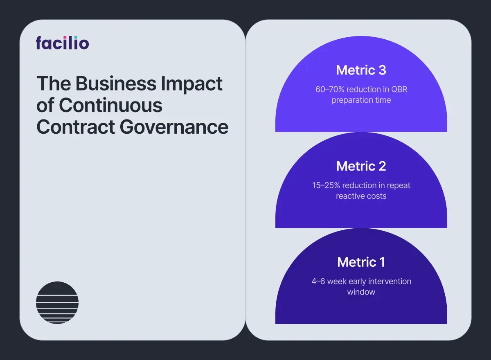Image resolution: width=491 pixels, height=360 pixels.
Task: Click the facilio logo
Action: (x=62, y=43)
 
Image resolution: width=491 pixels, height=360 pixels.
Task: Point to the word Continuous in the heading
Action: (x=110, y=105)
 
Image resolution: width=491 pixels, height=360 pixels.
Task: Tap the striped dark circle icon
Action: (x=57, y=303)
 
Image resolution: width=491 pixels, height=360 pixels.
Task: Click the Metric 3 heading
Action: (x=361, y=70)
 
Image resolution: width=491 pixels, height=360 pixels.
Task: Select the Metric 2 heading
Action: (x=361, y=166)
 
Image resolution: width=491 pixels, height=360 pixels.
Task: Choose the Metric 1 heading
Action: (x=361, y=262)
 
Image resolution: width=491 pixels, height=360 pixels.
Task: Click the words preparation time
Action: (x=361, y=100)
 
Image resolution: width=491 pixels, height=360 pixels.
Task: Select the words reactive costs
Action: (x=361, y=196)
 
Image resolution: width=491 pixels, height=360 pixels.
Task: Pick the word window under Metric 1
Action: (x=361, y=292)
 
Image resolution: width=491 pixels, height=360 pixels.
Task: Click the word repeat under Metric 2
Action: (x=399, y=185)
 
